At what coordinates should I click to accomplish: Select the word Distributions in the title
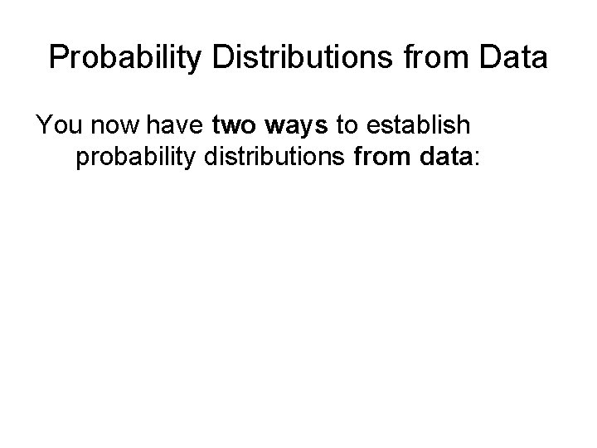click(x=282, y=57)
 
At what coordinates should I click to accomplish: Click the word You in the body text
click(x=56, y=127)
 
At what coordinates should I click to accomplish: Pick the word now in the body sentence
click(x=111, y=127)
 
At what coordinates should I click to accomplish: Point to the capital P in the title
click(x=58, y=57)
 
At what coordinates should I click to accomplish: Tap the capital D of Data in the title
click(x=482, y=57)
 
